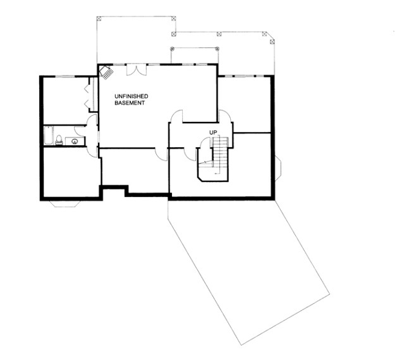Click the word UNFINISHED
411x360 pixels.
click(x=132, y=97)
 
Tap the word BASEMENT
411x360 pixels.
click(x=129, y=103)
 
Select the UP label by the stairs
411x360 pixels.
click(x=213, y=133)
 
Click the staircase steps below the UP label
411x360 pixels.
click(x=221, y=155)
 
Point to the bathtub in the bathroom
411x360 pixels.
click(x=49, y=135)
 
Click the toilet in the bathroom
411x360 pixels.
click(x=59, y=140)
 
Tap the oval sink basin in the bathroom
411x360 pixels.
click(x=75, y=142)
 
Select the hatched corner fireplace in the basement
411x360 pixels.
click(x=105, y=72)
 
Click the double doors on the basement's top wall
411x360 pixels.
click(x=136, y=70)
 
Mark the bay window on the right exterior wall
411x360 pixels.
click(x=278, y=168)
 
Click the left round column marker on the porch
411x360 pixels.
click(x=172, y=49)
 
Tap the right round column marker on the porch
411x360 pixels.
click(x=217, y=49)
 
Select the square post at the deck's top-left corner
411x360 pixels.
click(x=99, y=18)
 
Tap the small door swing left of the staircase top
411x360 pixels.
click(x=205, y=142)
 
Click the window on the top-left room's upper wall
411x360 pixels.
click(x=65, y=77)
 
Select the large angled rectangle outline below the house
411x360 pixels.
click(x=249, y=272)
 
